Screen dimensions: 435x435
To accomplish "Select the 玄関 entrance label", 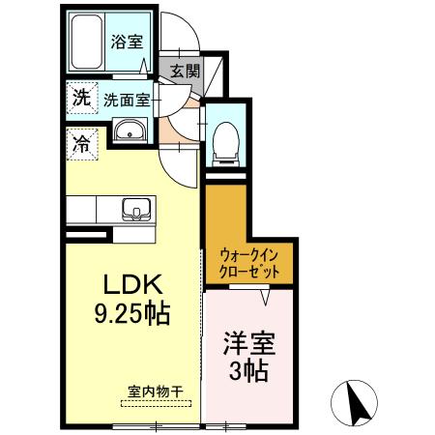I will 185,71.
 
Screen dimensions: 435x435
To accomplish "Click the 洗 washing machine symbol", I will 79,98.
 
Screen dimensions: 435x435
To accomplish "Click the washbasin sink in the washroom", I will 128,131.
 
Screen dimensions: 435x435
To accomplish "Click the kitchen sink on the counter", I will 136,208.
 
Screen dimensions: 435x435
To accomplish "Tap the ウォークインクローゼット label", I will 250,264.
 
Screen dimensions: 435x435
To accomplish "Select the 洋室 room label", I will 248,343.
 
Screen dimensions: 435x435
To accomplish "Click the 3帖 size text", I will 248,370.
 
